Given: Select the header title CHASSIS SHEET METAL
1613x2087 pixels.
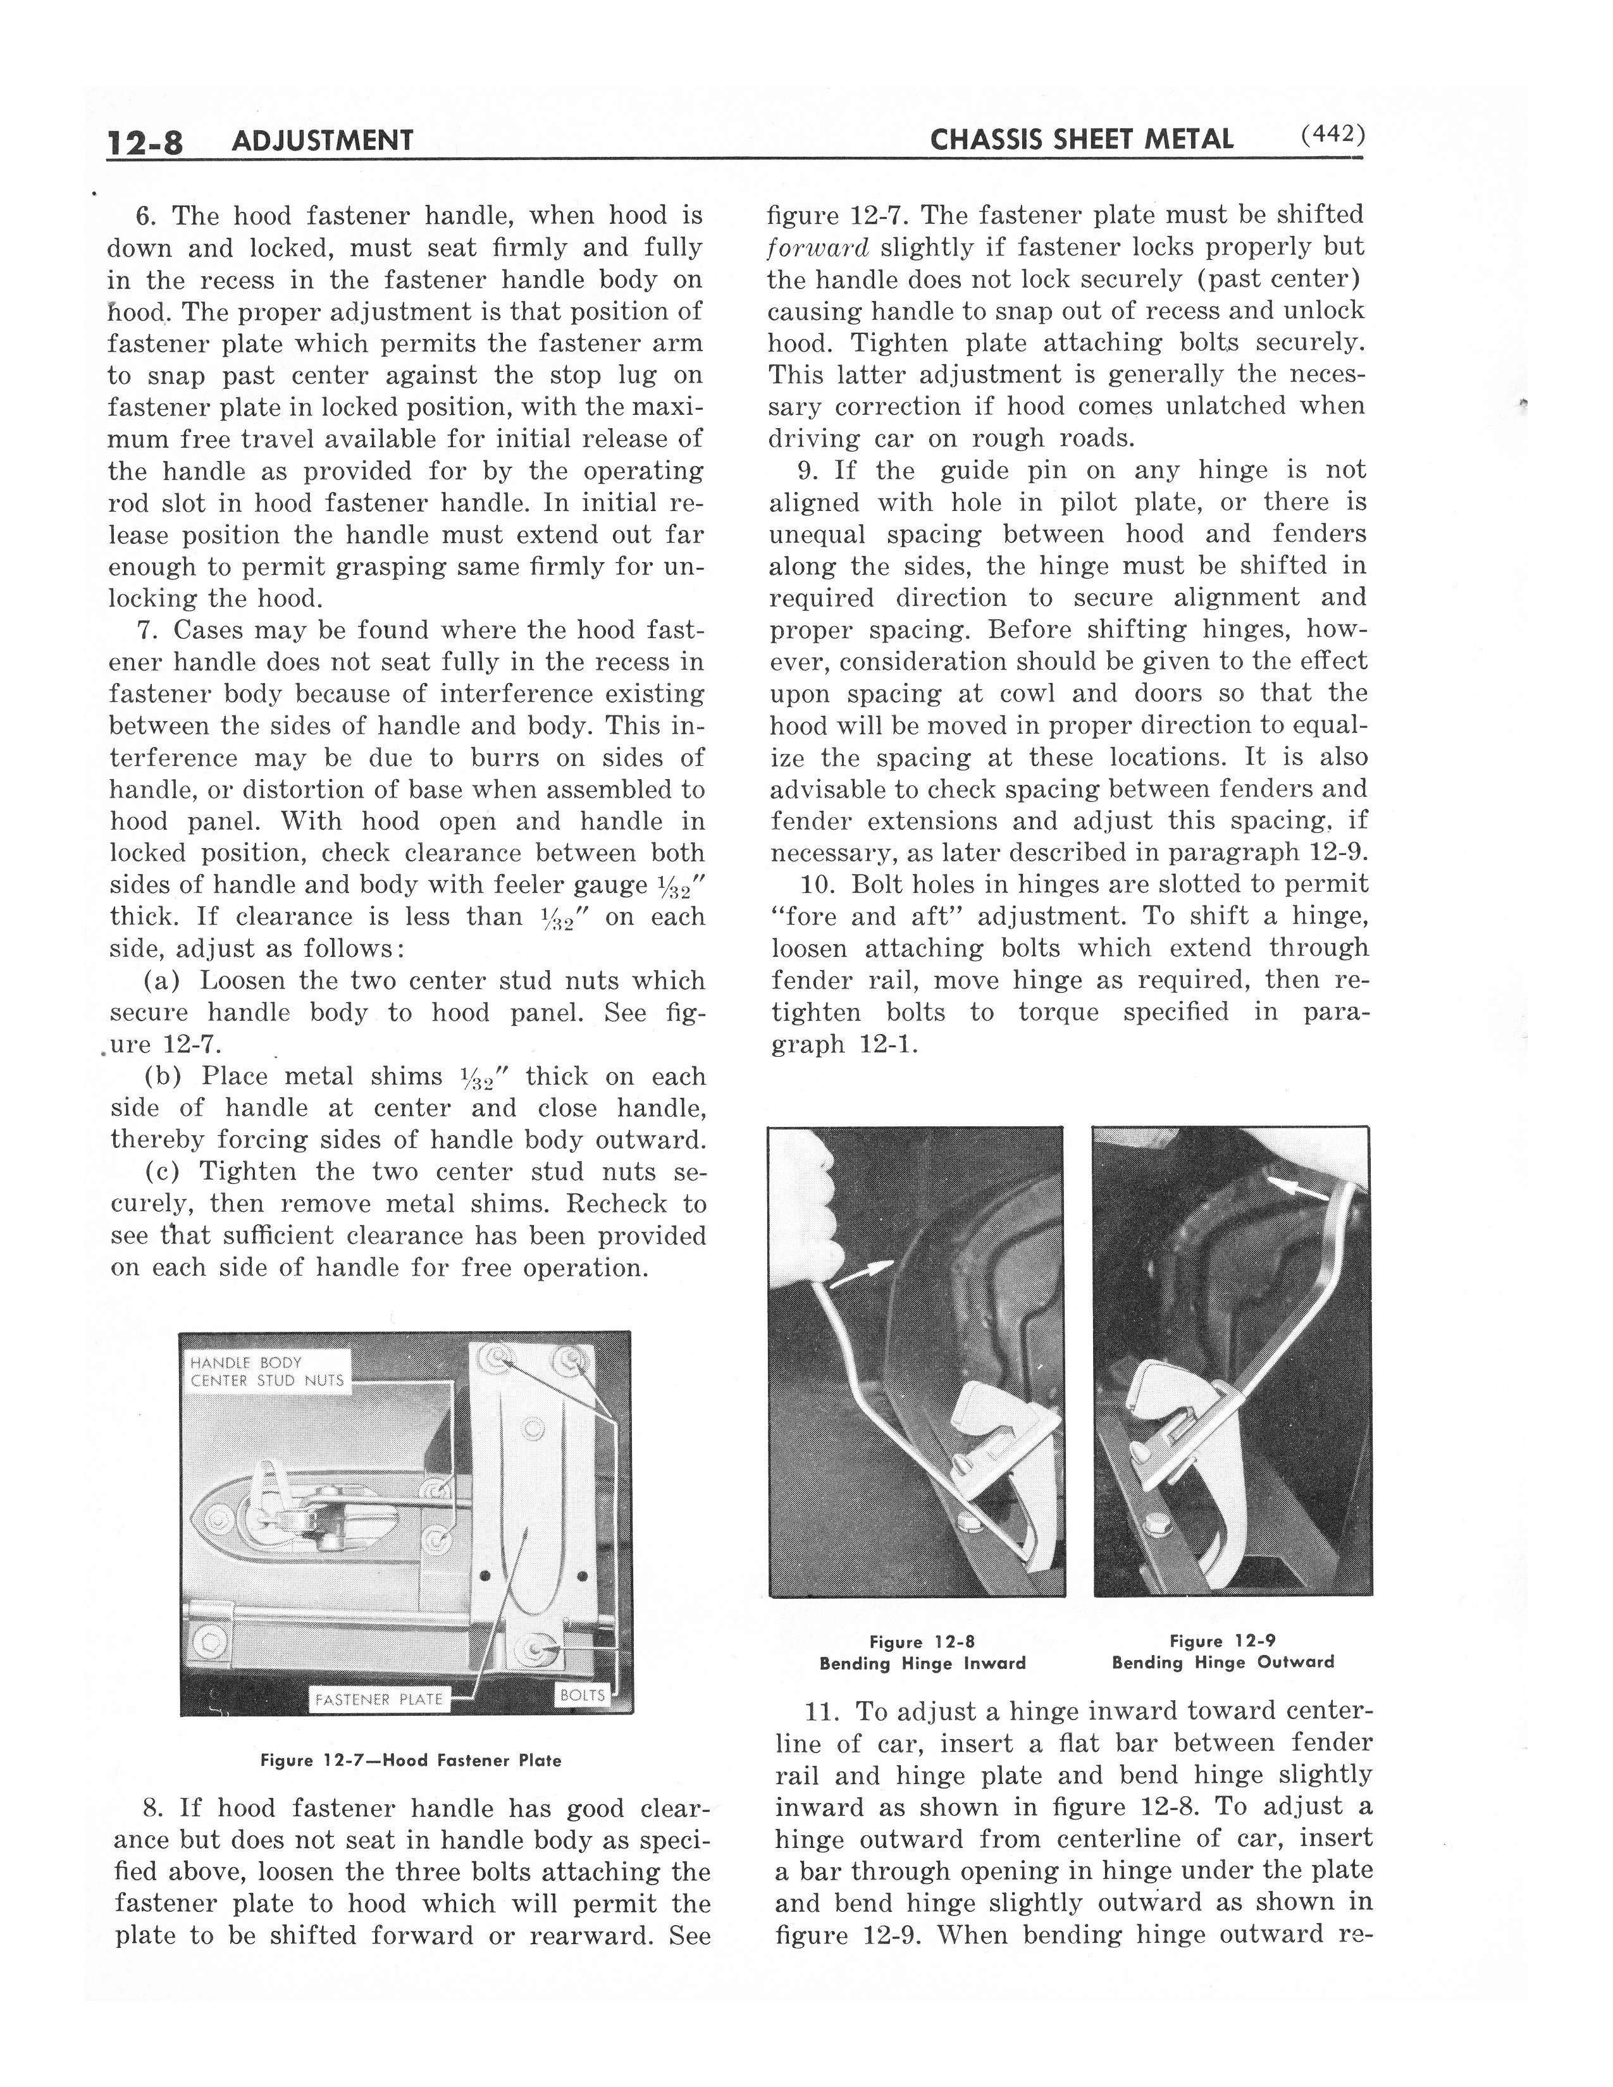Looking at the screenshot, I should pos(1082,140).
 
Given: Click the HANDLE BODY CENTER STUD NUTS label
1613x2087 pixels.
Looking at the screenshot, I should pos(266,1371).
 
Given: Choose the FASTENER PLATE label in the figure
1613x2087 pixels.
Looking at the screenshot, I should pos(380,1699).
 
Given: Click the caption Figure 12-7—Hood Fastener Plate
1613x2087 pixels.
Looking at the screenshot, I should pos(411,1760).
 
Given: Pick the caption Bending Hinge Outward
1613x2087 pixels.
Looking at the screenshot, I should pos(1223,1662).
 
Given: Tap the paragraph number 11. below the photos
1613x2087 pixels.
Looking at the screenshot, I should pos(823,1711).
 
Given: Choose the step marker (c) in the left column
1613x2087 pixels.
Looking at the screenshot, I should pos(163,1171).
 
